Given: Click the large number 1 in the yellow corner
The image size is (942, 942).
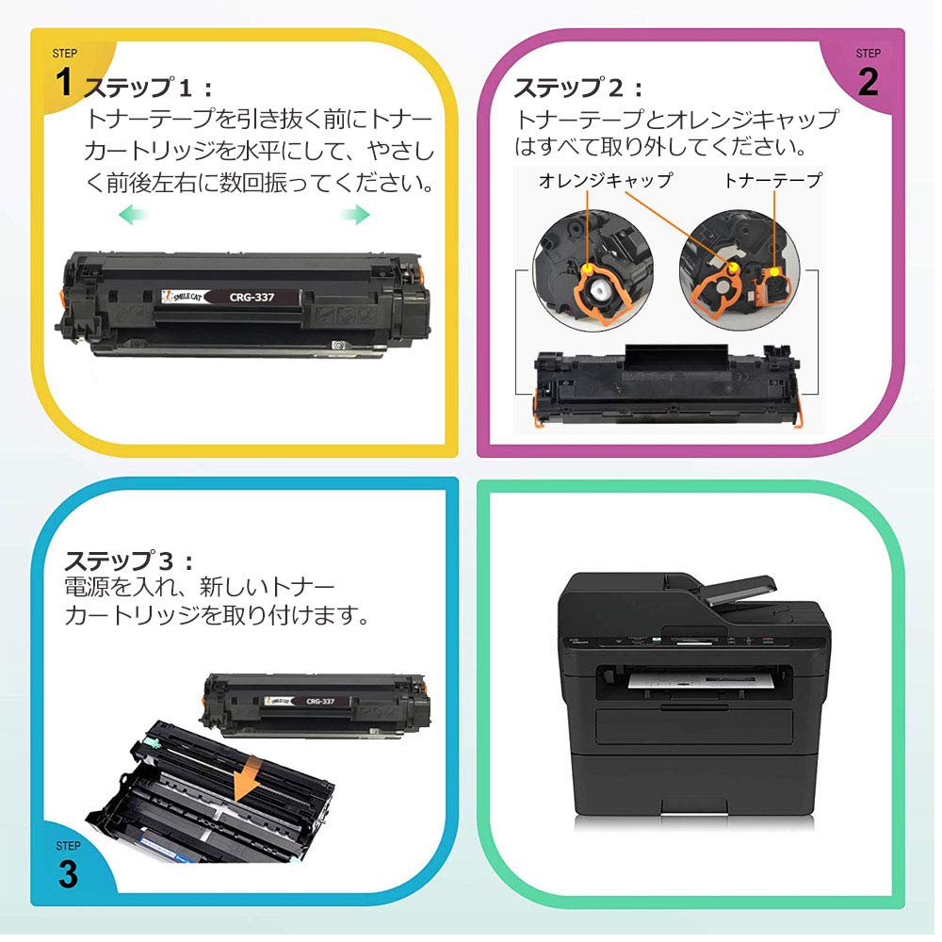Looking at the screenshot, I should coord(64,83).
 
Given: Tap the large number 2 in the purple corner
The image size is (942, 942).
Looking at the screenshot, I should coord(868,83).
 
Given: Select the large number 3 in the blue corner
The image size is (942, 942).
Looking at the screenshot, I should coord(68,874).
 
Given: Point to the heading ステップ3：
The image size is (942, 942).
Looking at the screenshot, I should coord(129,561).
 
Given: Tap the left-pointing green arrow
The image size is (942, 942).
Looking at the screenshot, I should coord(132,217).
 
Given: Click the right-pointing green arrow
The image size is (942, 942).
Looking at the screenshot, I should coord(355,217).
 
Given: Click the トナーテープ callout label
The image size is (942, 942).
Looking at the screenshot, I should coord(772,180).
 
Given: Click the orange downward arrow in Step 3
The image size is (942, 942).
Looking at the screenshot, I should coord(248,779).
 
